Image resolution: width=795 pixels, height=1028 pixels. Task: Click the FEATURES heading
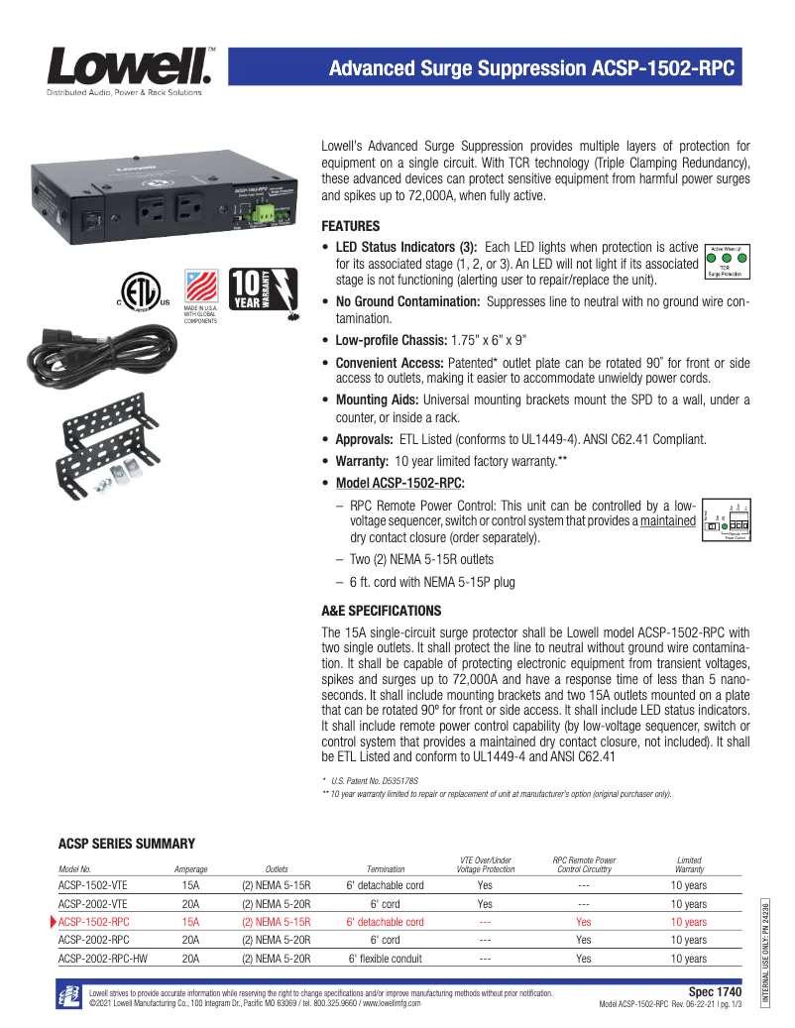coord(352,225)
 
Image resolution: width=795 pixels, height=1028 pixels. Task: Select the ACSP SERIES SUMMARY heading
coord(127,844)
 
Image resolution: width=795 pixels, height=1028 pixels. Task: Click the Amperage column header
coord(190,868)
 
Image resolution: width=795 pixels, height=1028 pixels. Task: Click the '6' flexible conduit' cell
coord(386,959)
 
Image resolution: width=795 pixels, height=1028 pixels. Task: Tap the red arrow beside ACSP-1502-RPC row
coord(53,921)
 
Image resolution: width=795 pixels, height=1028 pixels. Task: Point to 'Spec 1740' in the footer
coord(715,991)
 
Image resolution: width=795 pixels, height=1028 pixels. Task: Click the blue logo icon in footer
coord(69,995)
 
